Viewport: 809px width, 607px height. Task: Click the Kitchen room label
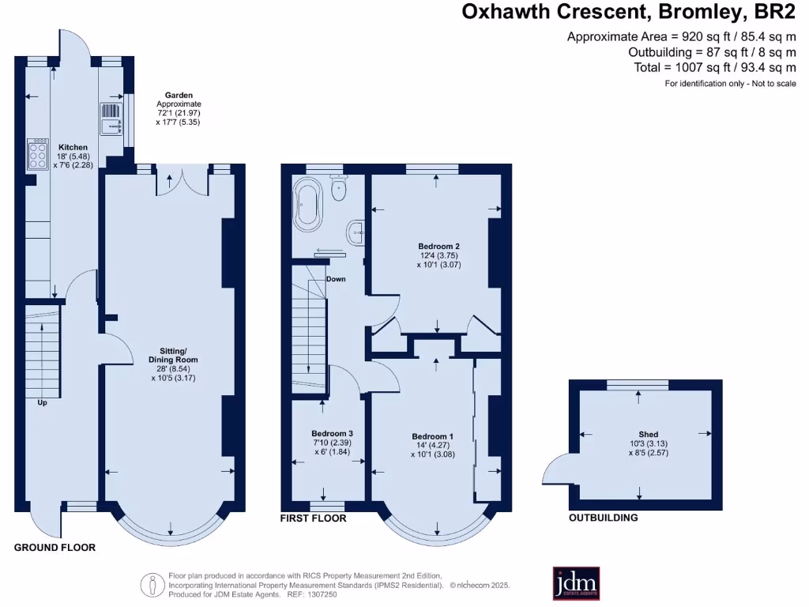tap(73, 147)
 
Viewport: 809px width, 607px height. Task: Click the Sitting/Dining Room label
tap(175, 355)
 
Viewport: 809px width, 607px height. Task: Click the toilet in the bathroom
tap(340, 187)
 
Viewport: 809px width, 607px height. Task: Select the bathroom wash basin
tap(356, 231)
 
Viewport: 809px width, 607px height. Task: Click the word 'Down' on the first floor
tap(336, 279)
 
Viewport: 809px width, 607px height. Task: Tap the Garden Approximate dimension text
tap(179, 108)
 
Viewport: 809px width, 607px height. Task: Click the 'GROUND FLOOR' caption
tap(55, 547)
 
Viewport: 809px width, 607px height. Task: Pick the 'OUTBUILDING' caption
tap(604, 518)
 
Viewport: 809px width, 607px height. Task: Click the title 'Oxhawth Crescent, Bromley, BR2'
tap(629, 11)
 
